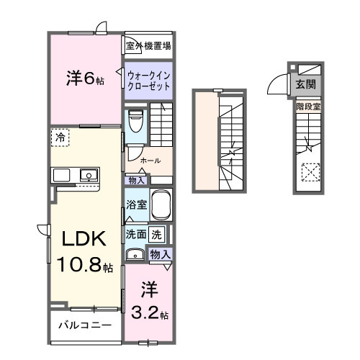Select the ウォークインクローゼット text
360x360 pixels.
click(148, 80)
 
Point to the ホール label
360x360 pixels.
click(150, 161)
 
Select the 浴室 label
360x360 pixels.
click(136, 204)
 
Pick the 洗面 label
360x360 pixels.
click(136, 234)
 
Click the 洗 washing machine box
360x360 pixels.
click(158, 233)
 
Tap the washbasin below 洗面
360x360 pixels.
click(135, 253)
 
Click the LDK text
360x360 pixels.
click(79, 239)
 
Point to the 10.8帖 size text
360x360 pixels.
click(84, 266)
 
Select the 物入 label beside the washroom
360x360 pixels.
click(160, 253)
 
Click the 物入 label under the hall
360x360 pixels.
click(137, 179)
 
